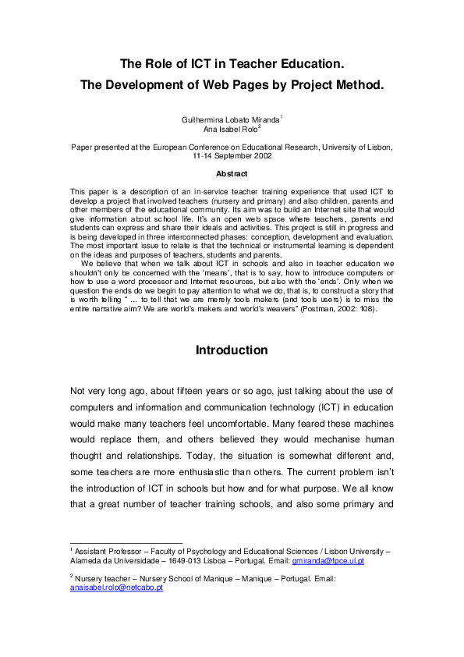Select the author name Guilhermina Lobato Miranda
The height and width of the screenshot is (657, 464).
point(229,119)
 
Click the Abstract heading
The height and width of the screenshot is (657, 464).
point(232,173)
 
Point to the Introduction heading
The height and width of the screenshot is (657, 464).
point(232,350)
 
